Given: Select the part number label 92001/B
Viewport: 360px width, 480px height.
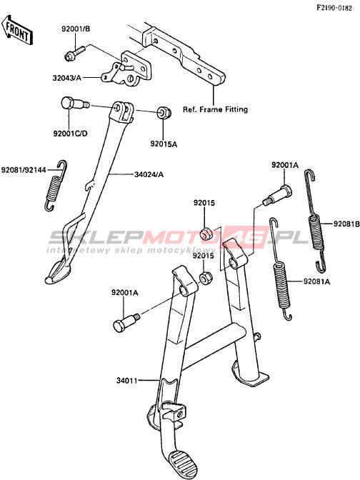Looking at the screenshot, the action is click(76, 29).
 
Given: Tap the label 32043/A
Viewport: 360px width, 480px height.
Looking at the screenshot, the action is click(67, 78).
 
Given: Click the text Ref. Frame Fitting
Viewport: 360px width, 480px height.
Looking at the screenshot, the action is click(215, 109).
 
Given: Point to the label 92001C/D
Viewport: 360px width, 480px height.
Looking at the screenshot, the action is click(70, 134).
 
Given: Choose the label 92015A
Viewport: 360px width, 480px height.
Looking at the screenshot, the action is click(164, 144).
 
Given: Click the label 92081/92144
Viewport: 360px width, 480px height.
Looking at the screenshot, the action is click(24, 169).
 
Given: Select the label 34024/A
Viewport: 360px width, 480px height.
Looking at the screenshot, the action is click(149, 174).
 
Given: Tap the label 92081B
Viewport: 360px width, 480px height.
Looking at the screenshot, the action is click(346, 224).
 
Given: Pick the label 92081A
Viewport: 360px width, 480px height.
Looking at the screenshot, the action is click(317, 281).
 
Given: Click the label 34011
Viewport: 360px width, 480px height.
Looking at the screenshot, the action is click(126, 381).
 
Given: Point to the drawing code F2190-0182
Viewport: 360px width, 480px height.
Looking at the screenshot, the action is click(334, 9).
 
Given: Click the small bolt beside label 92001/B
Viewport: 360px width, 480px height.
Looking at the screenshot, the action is click(75, 53).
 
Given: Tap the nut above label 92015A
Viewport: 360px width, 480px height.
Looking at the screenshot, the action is click(164, 112).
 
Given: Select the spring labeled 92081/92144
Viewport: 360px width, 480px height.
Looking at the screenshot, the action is click(56, 186).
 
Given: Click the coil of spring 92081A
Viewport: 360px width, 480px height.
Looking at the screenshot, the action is click(281, 285).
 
